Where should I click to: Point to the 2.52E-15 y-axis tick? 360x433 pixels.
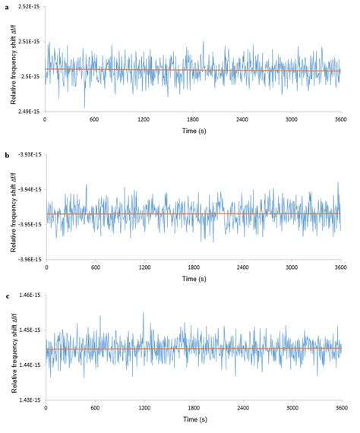point(30,7)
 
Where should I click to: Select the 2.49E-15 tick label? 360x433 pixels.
point(30,112)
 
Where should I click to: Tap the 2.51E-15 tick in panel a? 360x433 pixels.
point(30,42)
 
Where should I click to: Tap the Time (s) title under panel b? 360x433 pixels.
point(193,280)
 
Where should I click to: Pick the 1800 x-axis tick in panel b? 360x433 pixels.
point(194,268)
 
